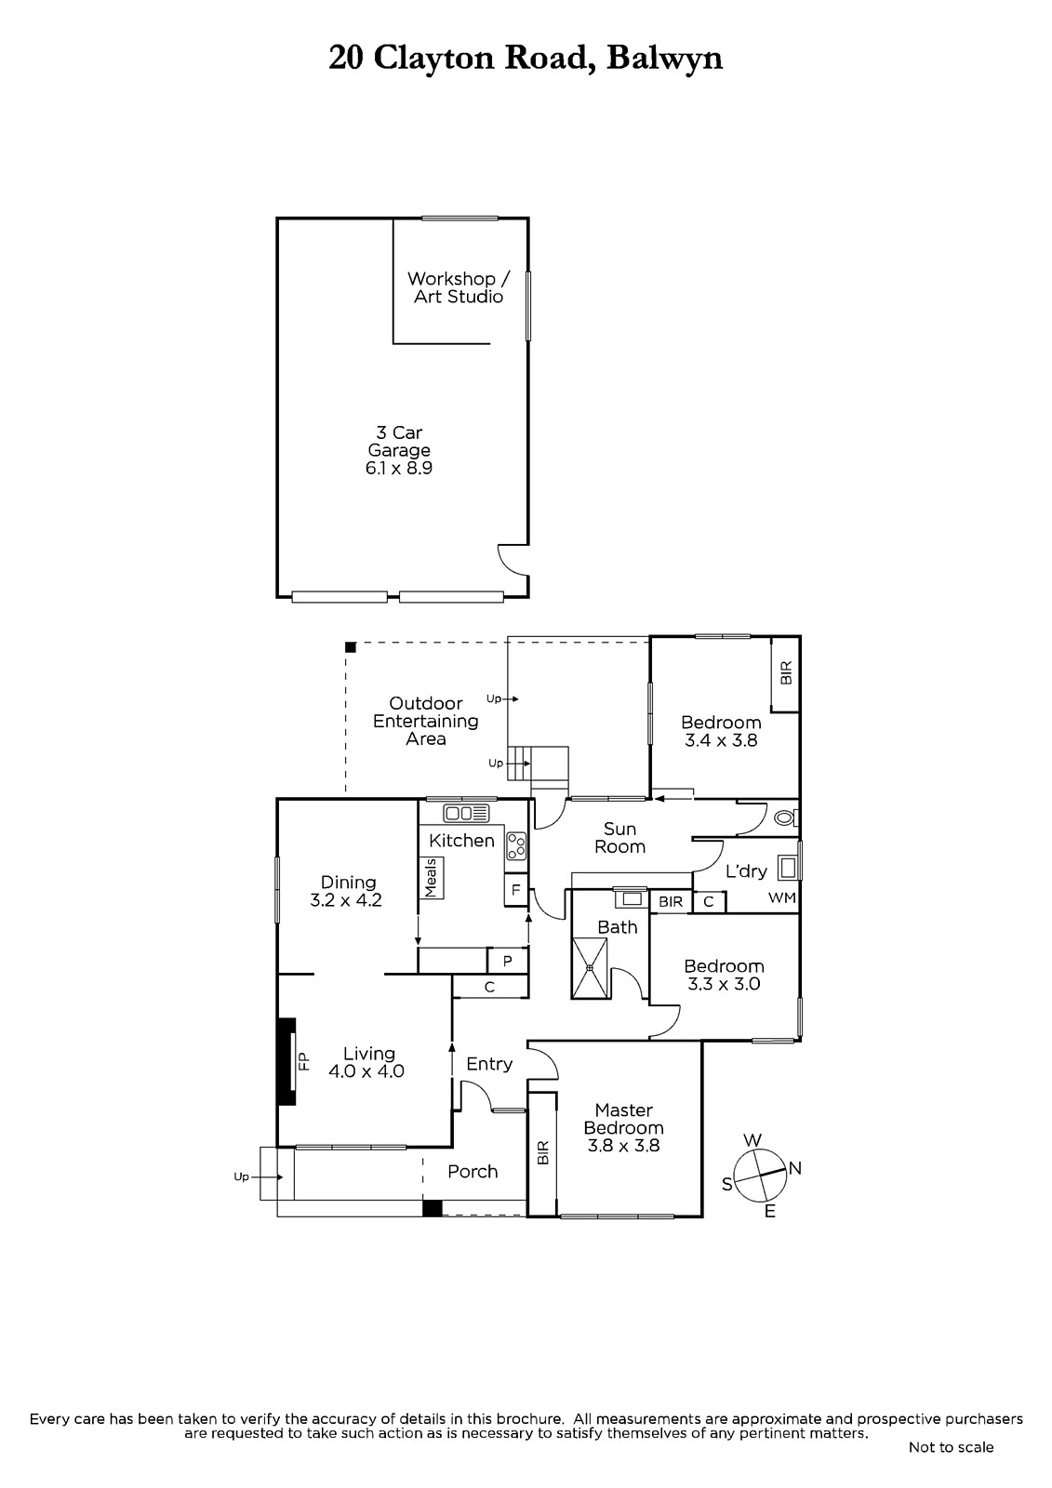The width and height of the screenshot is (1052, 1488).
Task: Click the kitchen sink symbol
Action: [466, 813]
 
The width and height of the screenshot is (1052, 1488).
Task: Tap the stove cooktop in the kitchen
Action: [516, 845]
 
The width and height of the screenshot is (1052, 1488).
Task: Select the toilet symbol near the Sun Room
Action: [786, 817]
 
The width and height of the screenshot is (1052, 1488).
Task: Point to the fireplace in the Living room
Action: [286, 1061]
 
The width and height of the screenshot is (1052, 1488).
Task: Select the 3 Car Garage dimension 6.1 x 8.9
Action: [399, 468]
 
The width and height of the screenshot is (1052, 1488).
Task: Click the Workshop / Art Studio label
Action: [459, 287]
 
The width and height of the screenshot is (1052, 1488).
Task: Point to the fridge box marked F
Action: [515, 889]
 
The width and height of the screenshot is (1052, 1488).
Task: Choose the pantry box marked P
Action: [508, 961]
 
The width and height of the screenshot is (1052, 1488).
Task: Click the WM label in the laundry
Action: [782, 898]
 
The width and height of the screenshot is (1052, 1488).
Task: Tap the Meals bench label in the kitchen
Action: [432, 878]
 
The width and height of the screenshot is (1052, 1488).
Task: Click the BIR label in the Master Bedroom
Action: [542, 1152]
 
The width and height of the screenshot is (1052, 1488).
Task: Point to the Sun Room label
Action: [619, 838]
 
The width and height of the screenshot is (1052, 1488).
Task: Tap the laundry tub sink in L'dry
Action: [789, 868]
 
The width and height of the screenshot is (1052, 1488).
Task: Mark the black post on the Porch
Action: [432, 1208]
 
